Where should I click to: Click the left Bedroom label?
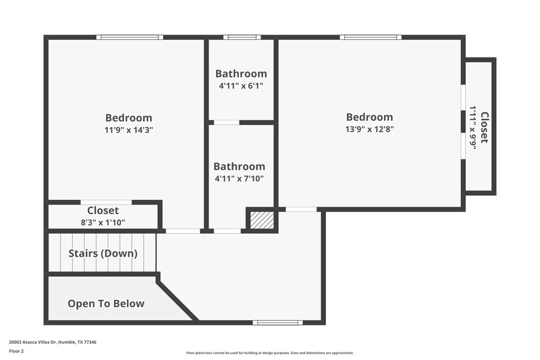point(128,118)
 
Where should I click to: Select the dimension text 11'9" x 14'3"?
point(128,130)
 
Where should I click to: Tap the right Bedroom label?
point(369,117)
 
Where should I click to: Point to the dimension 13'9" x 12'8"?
point(369,129)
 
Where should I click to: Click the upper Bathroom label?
point(241,74)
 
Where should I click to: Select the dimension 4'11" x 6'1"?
point(241,86)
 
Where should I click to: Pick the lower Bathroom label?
point(239,166)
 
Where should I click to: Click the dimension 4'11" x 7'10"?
point(239,179)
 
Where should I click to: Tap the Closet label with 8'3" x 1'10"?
point(103,211)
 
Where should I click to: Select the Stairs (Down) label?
point(103,254)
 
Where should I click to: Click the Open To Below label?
point(106,303)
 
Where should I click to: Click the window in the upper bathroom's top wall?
point(242,37)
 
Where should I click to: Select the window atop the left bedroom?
point(129,37)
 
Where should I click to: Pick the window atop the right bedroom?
point(371,37)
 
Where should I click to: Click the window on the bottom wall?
point(277,322)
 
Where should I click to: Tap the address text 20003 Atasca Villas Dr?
point(53,342)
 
